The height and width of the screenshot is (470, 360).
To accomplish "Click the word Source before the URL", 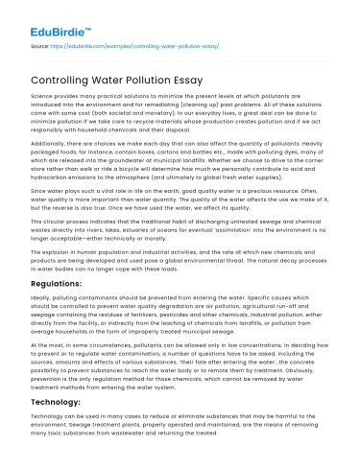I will pyautogui.click(x=40, y=43).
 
